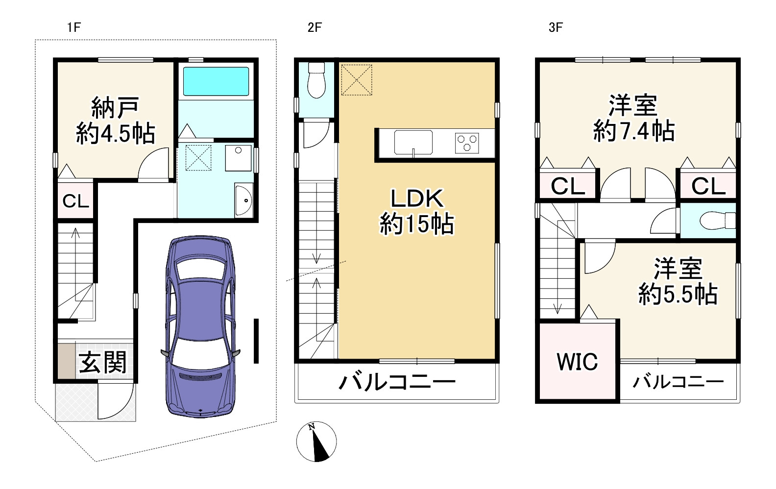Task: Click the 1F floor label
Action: [74, 27]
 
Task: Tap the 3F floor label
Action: [556, 27]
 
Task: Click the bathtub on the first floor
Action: [216, 81]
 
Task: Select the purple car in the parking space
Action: [200, 326]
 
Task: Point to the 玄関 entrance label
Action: [103, 362]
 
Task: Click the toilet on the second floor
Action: [316, 80]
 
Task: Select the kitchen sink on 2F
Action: [413, 143]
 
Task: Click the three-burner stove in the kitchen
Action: [467, 143]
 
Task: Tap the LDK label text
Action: [417, 198]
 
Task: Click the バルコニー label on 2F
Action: [397, 382]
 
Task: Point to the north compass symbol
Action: [316, 441]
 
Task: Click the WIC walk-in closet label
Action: [577, 362]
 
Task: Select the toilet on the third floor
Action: [718, 220]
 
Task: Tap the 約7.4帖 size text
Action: [634, 131]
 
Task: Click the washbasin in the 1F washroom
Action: [243, 200]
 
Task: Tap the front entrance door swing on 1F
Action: [115, 401]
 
